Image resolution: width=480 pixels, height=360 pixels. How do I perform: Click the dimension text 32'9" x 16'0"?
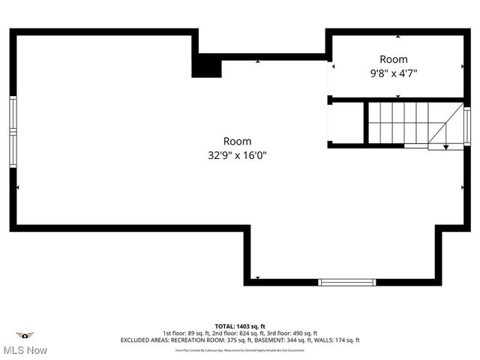[x=237, y=155]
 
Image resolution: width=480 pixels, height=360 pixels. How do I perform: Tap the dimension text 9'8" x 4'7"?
[x=393, y=73]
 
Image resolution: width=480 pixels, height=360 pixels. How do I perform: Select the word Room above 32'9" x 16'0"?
[x=237, y=141]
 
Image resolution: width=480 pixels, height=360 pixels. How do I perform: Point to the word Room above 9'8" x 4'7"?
[x=393, y=59]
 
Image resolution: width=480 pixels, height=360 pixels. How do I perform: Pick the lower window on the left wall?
[x=13, y=150]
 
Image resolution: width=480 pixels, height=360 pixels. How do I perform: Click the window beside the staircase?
[x=466, y=127]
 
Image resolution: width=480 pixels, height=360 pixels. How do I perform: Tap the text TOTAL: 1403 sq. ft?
[x=240, y=326]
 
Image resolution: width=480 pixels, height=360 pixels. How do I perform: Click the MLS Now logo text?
[x=25, y=350]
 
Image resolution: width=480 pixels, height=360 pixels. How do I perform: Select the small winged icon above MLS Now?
[x=25, y=334]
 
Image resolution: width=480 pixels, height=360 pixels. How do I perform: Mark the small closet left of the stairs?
[x=347, y=122]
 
